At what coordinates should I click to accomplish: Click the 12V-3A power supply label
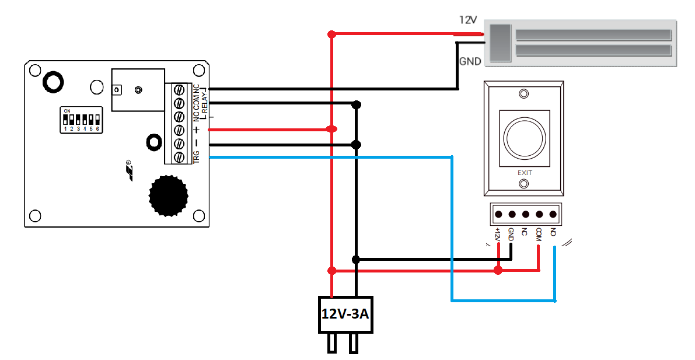pyautogui.click(x=345, y=314)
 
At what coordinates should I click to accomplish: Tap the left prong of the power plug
pyautogui.click(x=332, y=344)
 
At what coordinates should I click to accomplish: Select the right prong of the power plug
pyautogui.click(x=353, y=344)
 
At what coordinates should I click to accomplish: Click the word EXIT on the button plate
pyautogui.click(x=525, y=173)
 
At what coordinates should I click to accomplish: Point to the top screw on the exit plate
pyautogui.click(x=524, y=94)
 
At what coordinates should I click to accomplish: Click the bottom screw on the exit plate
pyautogui.click(x=524, y=184)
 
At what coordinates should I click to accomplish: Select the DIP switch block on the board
pyautogui.click(x=81, y=120)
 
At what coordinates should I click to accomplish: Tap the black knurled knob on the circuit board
pyautogui.click(x=169, y=195)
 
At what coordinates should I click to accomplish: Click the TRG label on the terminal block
pyautogui.click(x=197, y=156)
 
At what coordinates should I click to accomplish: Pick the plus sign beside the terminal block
pyautogui.click(x=197, y=130)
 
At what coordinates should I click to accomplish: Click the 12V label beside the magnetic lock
pyautogui.click(x=468, y=20)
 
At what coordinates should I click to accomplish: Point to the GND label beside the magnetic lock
pyautogui.click(x=470, y=61)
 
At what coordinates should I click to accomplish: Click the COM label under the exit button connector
pyautogui.click(x=539, y=234)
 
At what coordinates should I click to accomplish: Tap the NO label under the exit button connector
pyautogui.click(x=553, y=232)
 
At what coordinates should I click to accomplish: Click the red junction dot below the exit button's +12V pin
pyautogui.click(x=498, y=270)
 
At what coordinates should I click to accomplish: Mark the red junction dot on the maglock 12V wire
pyautogui.click(x=331, y=34)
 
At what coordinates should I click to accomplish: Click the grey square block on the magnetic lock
pyautogui.click(x=500, y=43)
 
